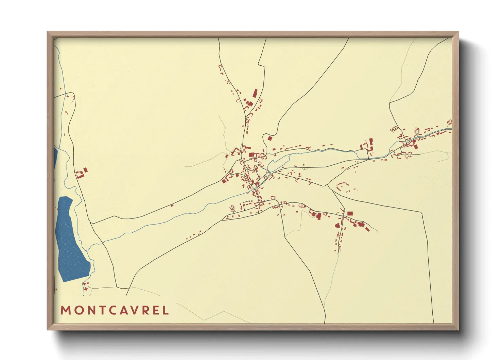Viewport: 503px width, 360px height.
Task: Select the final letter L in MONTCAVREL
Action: (x=166, y=310)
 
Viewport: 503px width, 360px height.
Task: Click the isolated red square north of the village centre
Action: (x=270, y=138)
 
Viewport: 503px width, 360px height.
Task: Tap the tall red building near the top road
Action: (x=255, y=94)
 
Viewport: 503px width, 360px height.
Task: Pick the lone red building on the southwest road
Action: (x=172, y=205)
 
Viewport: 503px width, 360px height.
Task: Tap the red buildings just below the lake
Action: (x=86, y=286)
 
